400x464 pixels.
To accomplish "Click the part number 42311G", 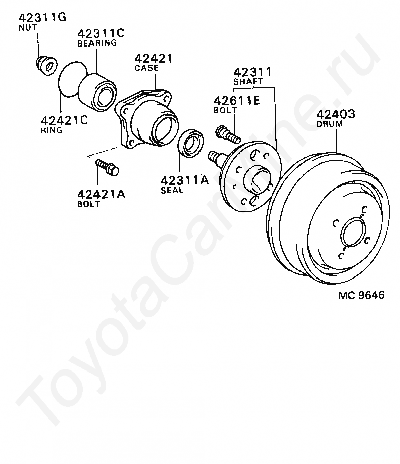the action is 42,18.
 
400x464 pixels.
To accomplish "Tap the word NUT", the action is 28,27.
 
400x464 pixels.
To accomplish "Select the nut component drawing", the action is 46,65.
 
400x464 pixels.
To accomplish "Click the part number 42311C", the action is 101,33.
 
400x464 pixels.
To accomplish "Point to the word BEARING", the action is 97,43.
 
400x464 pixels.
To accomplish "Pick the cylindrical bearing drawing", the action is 97,92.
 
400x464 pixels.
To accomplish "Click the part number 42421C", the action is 65,121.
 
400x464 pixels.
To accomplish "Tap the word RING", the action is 52,130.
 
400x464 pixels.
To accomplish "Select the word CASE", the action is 146,68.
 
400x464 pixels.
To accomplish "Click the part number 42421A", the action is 101,195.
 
